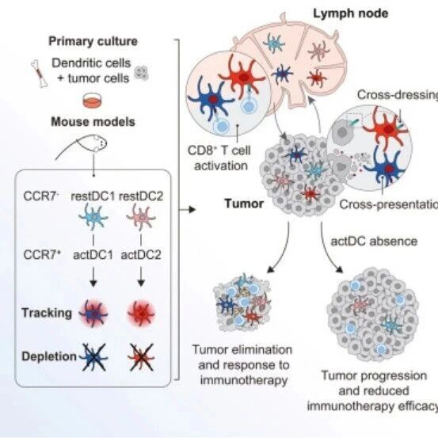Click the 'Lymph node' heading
(351, 13)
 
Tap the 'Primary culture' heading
(93, 41)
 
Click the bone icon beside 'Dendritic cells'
(39, 74)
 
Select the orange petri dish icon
(93, 101)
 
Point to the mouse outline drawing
(84, 146)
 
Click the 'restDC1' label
(93, 196)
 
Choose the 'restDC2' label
(141, 196)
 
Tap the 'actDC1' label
(93, 255)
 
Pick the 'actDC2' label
(141, 255)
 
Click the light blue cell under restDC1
(93, 217)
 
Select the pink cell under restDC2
(141, 217)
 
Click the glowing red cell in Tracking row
(141, 314)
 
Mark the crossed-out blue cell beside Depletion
(93, 357)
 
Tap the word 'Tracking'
(47, 313)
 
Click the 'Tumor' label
(244, 204)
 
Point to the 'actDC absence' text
(374, 242)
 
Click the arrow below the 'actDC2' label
(141, 276)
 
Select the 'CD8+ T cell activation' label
(220, 158)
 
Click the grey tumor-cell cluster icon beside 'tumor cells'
(141, 73)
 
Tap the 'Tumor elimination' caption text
(242, 350)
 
